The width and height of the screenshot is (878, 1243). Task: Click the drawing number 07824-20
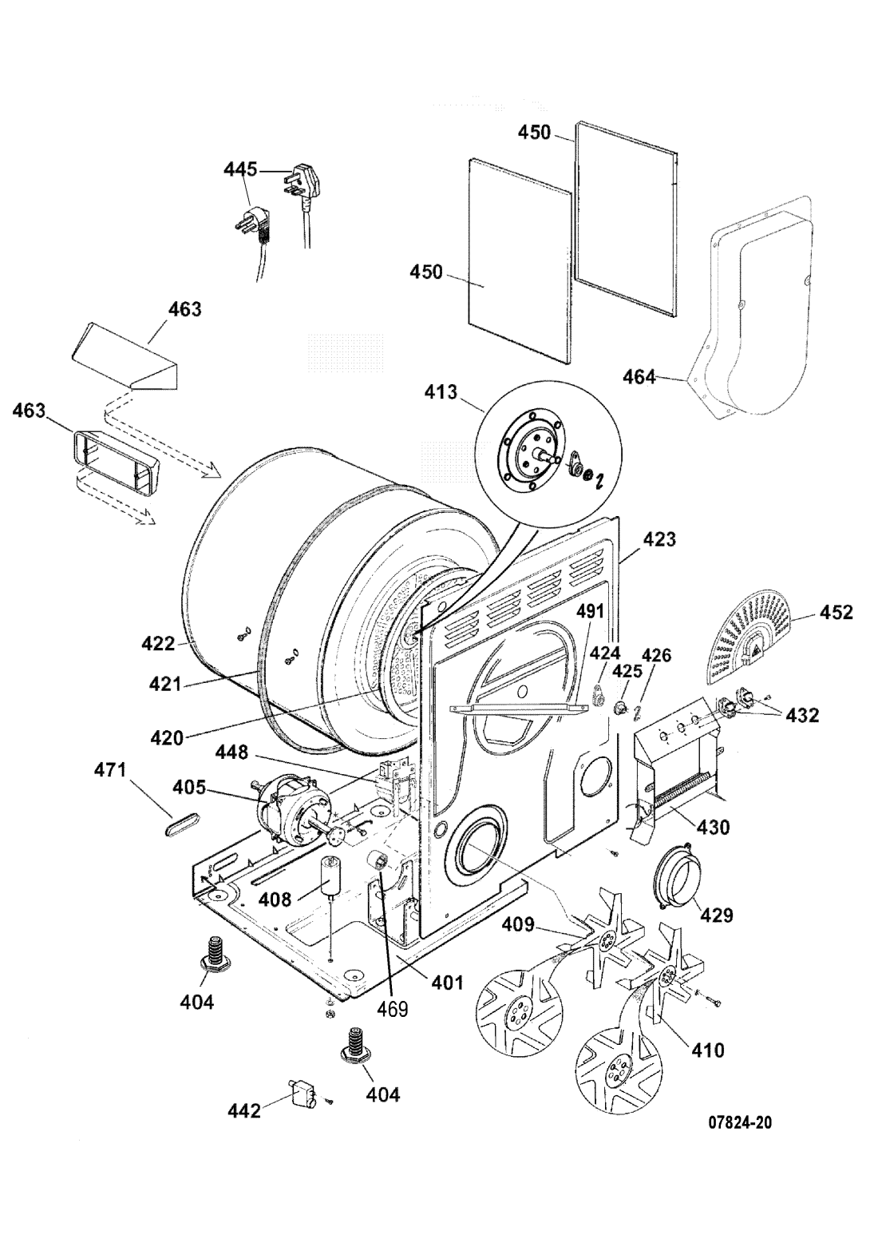(x=740, y=1122)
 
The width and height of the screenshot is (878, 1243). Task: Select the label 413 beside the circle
(x=441, y=392)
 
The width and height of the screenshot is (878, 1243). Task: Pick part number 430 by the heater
(x=713, y=827)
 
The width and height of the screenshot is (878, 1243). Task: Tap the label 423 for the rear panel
(x=659, y=539)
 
